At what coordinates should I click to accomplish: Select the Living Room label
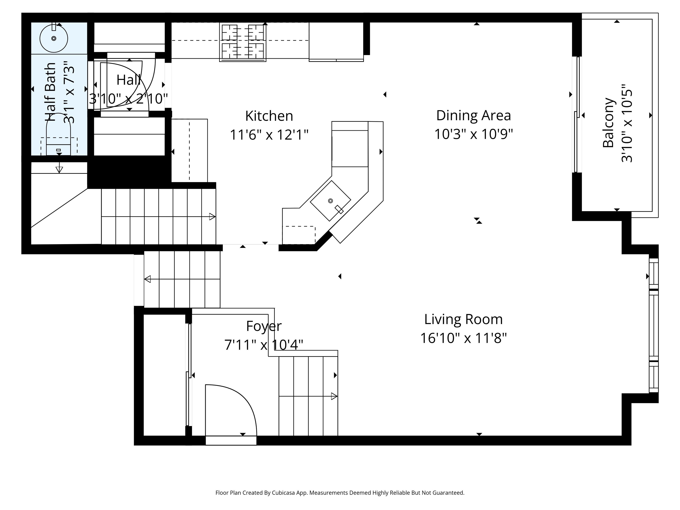click(463, 320)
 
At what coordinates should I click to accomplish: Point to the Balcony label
click(608, 123)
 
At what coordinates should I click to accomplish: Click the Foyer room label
click(264, 326)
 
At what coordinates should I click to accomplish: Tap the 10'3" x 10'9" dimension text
click(473, 134)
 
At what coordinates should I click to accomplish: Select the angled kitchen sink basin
click(330, 201)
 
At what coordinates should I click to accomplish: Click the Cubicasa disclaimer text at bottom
click(340, 493)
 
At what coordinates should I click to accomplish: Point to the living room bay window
click(654, 325)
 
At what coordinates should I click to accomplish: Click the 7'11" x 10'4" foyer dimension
click(264, 345)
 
